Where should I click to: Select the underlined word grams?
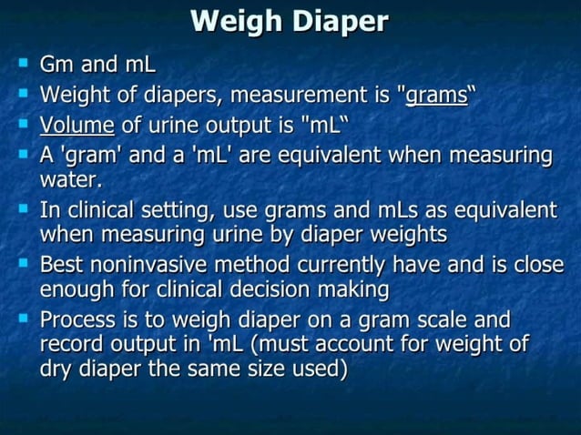click(436, 95)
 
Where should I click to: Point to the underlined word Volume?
click(77, 125)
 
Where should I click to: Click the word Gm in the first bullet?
click(57, 66)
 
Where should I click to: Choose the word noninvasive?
click(155, 266)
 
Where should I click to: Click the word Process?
click(80, 321)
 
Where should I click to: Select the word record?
click(70, 347)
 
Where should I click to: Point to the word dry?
click(57, 371)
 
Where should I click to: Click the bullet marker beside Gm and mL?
click(23, 65)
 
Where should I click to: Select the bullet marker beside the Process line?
click(23, 319)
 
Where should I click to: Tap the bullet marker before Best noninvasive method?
click(23, 264)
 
